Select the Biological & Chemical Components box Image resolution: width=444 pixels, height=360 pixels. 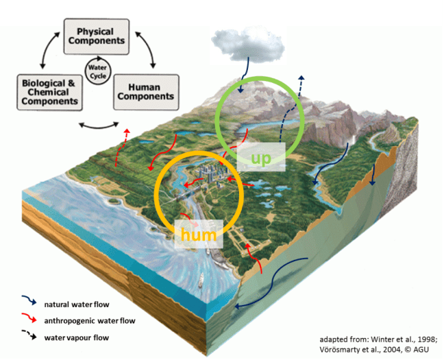pyautogui.click(x=48, y=91)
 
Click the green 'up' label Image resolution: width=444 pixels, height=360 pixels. pyautogui.click(x=260, y=158)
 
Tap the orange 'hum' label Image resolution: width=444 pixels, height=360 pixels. pyautogui.click(x=199, y=235)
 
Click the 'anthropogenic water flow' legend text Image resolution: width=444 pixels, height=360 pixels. pyautogui.click(x=90, y=320)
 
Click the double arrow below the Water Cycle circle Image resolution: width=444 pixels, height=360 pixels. pyautogui.click(x=95, y=125)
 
